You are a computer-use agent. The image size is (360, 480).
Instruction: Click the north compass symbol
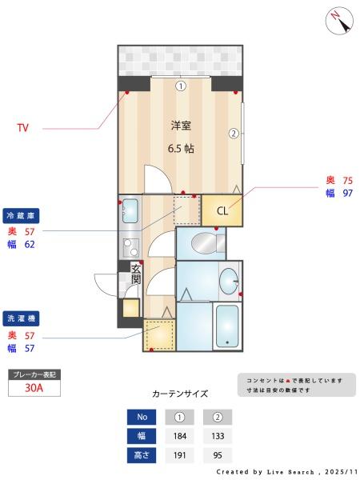339,20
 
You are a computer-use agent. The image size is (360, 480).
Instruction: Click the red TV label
23,127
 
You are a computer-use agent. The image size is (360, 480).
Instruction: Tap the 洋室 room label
180,126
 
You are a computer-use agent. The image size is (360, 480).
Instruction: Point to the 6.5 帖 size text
180,148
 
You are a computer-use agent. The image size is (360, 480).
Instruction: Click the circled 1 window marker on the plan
181,86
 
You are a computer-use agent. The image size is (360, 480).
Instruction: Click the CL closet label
222,211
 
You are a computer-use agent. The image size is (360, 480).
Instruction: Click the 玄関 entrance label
135,274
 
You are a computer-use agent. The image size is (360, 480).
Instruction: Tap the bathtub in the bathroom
229,326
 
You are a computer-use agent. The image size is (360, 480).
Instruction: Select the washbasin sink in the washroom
229,280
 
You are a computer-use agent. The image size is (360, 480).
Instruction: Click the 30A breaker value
34,388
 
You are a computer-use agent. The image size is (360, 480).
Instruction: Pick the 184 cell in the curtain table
180,437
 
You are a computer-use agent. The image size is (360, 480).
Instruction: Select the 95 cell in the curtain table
218,457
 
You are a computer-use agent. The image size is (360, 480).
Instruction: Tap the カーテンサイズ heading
180,394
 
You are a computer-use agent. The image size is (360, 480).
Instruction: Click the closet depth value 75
348,181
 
